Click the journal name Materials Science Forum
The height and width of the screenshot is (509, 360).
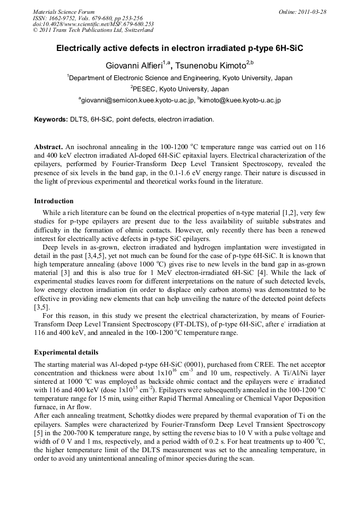64,12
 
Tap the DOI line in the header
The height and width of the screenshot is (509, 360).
93,24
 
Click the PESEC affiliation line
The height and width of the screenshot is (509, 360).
179,89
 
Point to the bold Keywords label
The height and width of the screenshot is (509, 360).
50,119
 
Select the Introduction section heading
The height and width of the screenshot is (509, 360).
54,201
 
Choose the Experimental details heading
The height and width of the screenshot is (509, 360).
66,352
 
